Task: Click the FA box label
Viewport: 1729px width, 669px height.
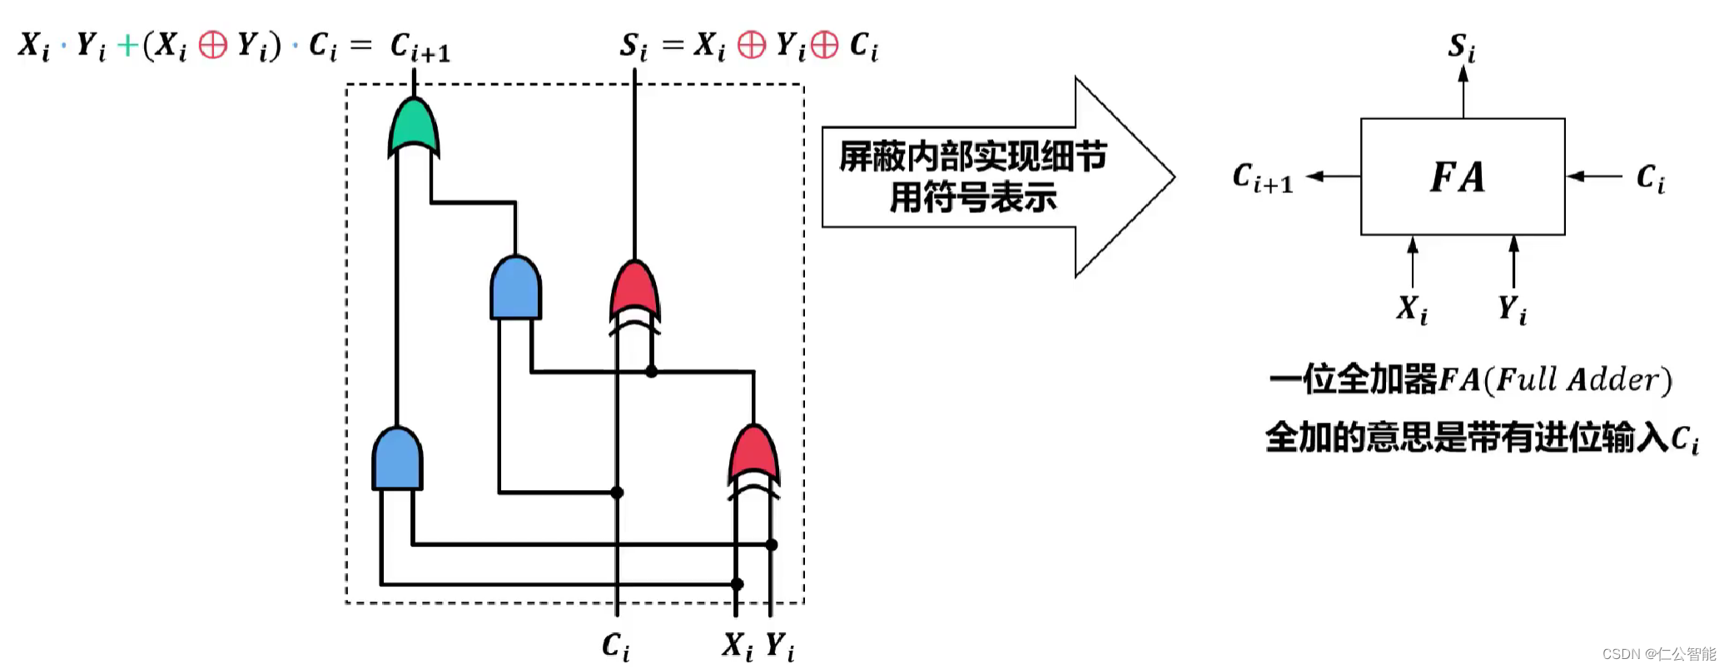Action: click(x=1458, y=176)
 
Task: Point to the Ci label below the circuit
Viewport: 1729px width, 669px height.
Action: click(x=616, y=647)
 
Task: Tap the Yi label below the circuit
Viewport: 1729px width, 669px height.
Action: click(x=780, y=646)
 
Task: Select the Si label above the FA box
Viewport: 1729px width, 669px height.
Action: click(x=1462, y=47)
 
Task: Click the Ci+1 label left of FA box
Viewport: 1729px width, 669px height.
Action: click(x=1262, y=178)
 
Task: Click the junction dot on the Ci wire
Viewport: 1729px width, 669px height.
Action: click(x=617, y=493)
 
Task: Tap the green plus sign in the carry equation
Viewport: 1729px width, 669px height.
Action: click(x=127, y=45)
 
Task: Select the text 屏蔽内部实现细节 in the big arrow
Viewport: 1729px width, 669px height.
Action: click(x=972, y=156)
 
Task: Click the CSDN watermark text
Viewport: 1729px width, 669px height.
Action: click(x=1659, y=654)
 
